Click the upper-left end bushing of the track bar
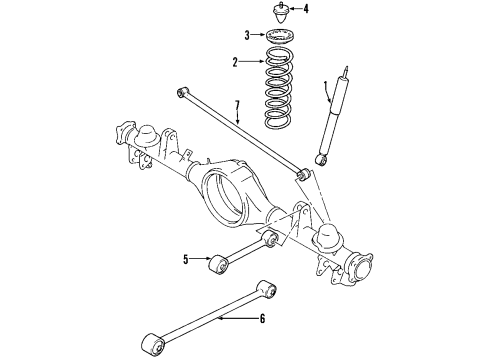click(x=180, y=92)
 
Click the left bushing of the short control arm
click(x=216, y=263)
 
